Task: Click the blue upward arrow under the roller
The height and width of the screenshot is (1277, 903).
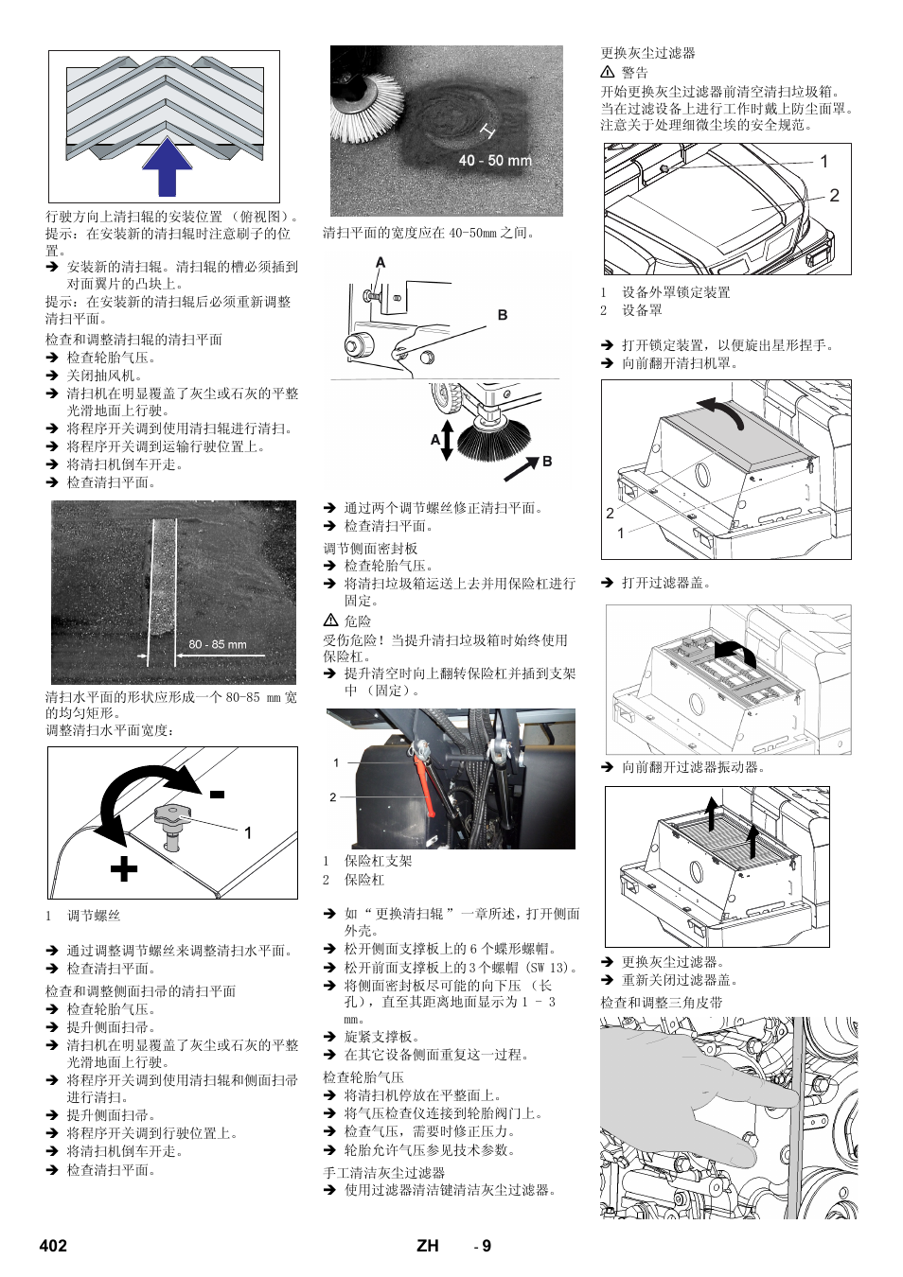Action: click(167, 166)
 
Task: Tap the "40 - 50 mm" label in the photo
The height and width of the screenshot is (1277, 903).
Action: click(494, 161)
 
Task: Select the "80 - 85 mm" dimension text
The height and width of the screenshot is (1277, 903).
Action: click(217, 644)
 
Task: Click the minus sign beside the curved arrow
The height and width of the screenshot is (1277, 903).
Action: click(217, 795)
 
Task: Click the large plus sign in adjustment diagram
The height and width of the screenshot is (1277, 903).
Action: click(123, 867)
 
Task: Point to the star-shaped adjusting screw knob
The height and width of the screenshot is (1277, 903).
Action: click(172, 817)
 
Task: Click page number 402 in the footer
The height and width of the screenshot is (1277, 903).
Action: click(53, 1246)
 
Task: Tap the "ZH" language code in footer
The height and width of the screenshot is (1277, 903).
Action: click(427, 1246)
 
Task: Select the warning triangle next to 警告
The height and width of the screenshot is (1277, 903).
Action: click(608, 72)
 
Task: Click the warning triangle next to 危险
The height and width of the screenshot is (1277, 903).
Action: click(330, 621)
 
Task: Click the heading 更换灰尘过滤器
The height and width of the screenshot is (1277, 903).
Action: click(647, 53)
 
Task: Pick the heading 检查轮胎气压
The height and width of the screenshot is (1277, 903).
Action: click(363, 1076)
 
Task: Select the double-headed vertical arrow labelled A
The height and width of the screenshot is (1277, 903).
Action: click(447, 440)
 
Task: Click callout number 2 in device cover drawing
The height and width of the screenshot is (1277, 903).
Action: click(834, 196)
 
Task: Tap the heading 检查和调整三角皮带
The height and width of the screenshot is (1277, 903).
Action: click(661, 1002)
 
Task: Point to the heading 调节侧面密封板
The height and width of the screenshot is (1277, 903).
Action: click(370, 548)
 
